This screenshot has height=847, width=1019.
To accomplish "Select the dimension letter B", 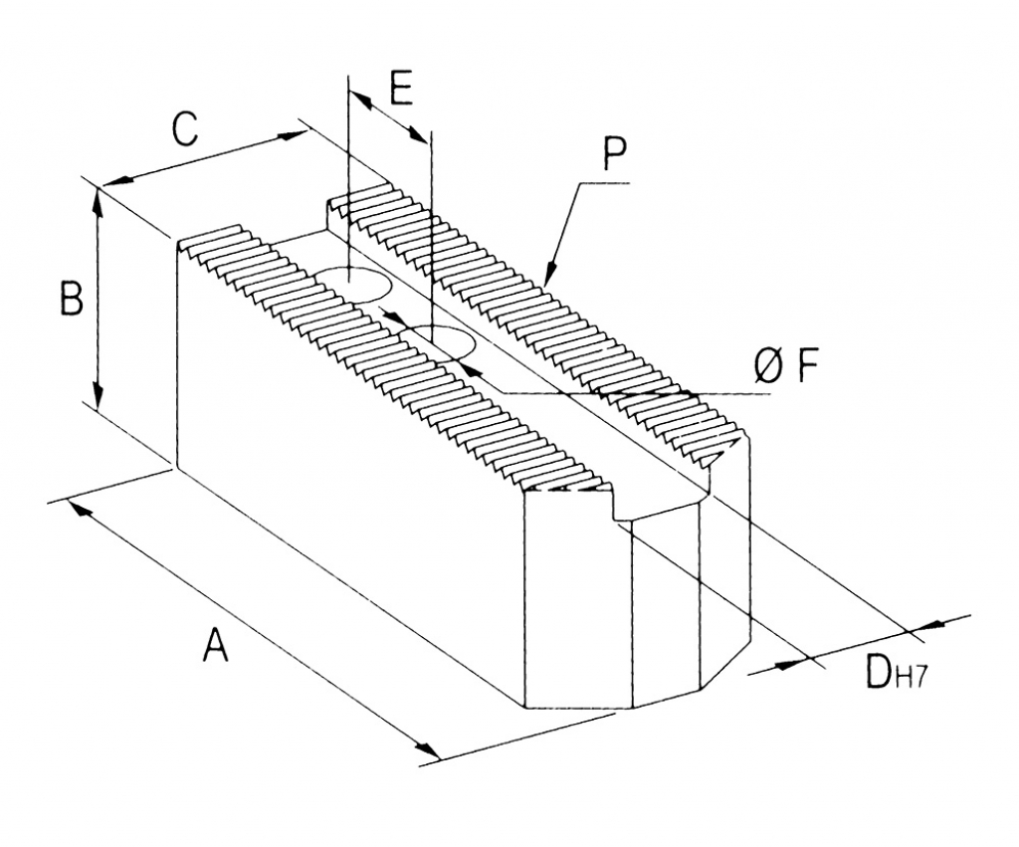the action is (73, 299).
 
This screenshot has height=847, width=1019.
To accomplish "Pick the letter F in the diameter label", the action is (806, 367).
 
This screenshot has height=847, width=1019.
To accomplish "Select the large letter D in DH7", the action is (878, 671).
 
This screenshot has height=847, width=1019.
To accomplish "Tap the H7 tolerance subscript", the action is (911, 679).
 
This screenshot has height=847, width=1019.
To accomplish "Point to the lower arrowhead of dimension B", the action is (98, 397).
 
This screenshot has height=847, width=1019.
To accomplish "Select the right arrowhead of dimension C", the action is (293, 134).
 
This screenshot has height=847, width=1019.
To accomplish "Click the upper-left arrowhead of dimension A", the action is (80, 508).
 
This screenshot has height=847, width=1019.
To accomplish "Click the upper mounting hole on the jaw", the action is (352, 284).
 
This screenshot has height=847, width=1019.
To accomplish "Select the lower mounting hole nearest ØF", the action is (440, 340).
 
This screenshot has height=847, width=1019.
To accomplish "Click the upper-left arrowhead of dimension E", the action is (361, 99).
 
